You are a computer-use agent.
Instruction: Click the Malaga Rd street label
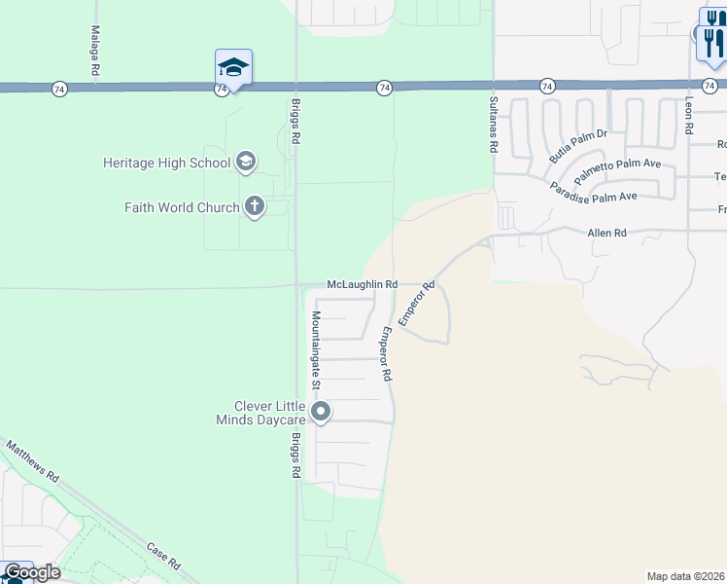coord(95,53)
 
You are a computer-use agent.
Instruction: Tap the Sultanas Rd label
coord(493,124)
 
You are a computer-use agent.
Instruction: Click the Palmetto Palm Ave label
coord(617,169)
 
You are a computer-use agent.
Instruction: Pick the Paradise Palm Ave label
coord(593,191)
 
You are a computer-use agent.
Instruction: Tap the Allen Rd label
coord(607,234)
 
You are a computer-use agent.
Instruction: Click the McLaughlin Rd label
coord(363,284)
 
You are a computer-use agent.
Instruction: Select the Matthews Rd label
coord(33,462)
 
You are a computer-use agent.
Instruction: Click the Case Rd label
coord(163,556)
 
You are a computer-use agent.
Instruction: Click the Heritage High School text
coord(166,163)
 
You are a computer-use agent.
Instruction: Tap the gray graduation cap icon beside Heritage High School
coord(246,162)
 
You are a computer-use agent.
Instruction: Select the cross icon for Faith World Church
coord(255,206)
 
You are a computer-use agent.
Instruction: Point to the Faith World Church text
coord(182,207)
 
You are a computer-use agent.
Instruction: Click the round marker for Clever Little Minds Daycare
coord(321,413)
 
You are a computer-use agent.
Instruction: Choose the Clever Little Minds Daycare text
coord(270,413)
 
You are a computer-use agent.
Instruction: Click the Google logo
coord(32,572)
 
